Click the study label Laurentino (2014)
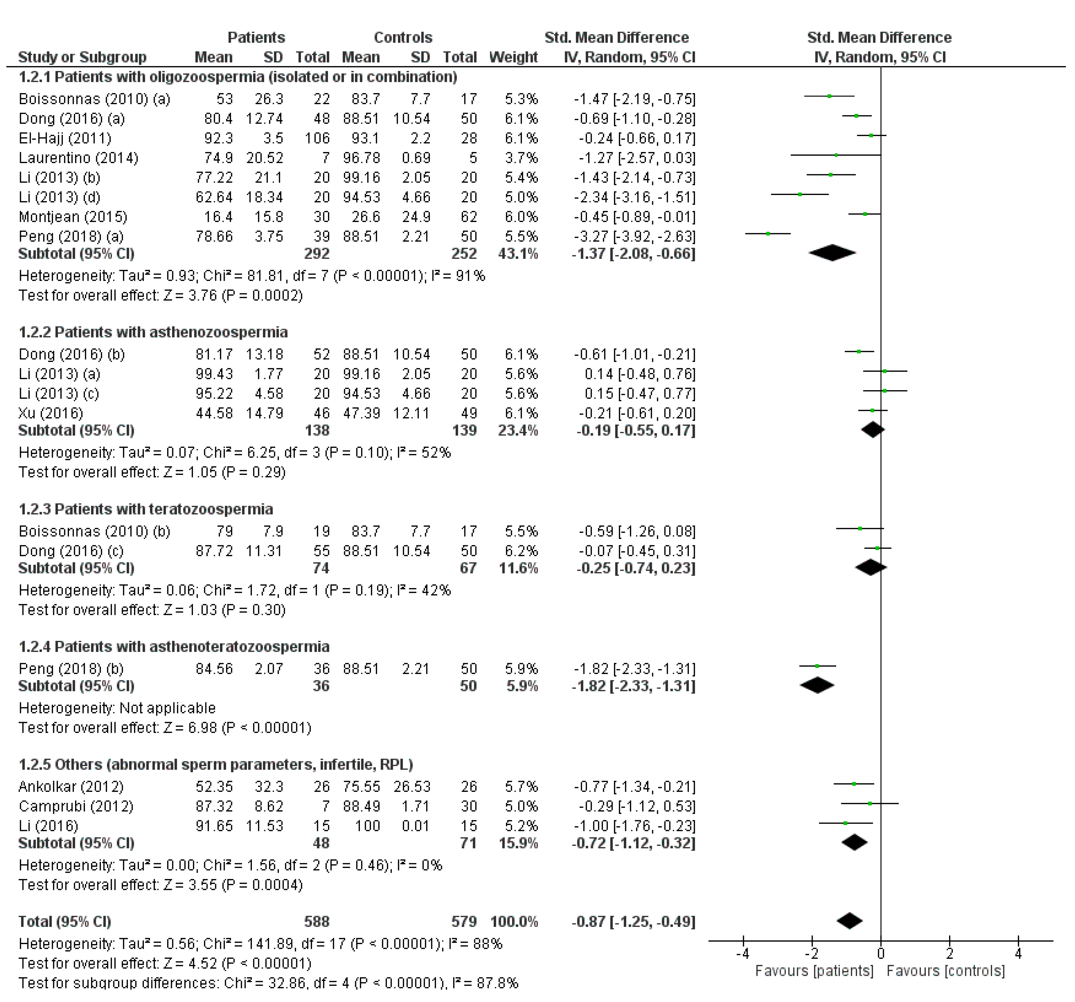pos(78,158)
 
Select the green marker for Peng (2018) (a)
pos(768,234)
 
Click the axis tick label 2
pos(950,953)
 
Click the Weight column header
pos(513,57)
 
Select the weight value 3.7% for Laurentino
pos(521,158)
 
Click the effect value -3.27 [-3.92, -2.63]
pos(634,236)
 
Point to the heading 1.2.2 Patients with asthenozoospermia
pos(153,332)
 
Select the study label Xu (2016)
pos(51,413)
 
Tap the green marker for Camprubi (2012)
pos(869,803)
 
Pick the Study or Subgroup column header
pos(82,57)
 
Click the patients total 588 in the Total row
pos(317,921)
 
